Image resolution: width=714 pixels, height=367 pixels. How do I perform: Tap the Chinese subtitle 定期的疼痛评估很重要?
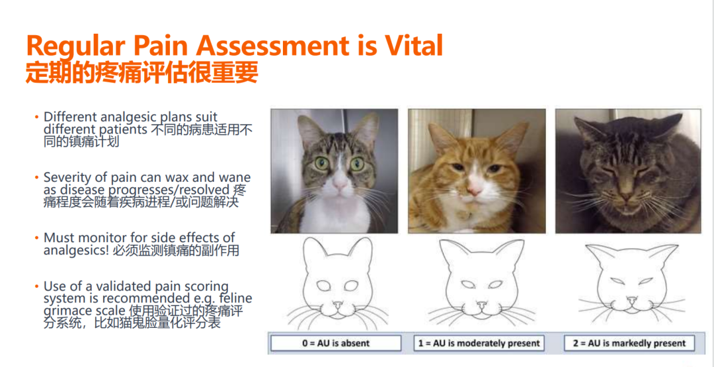click(x=141, y=72)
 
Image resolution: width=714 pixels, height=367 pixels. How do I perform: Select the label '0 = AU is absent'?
click(x=336, y=343)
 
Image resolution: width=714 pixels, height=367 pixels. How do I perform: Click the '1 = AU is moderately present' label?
click(x=479, y=343)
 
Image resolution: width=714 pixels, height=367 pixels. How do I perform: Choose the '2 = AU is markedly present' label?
click(x=629, y=343)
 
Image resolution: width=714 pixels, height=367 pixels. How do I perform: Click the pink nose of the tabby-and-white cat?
click(x=339, y=184)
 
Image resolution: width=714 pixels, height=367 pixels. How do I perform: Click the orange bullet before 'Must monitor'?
click(x=36, y=238)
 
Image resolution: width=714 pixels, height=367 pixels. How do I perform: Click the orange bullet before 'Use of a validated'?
click(x=36, y=287)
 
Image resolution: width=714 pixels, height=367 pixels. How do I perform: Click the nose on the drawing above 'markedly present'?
click(x=631, y=300)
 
